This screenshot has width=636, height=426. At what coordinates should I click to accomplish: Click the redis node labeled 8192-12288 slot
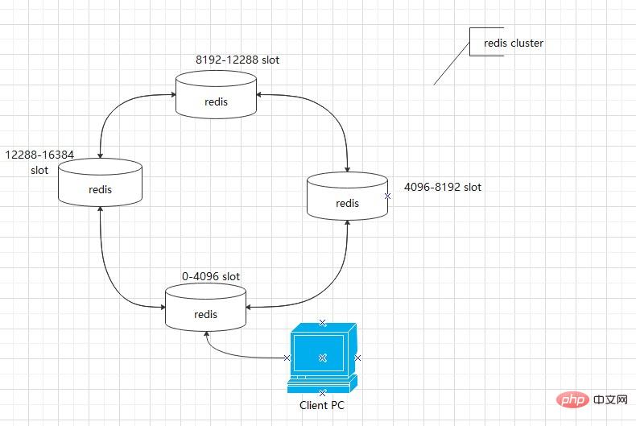[x=216, y=94]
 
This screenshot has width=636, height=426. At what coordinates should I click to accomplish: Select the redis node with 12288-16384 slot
[x=100, y=182]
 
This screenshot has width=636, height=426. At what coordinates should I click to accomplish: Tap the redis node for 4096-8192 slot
[x=347, y=196]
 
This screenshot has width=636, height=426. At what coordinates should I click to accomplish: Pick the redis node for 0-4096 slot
[x=205, y=307]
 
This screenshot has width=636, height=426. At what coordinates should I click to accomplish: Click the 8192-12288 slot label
[x=237, y=60]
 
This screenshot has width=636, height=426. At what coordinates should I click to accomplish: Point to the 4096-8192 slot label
[x=443, y=187]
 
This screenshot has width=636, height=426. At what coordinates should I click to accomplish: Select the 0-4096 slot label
[x=211, y=277]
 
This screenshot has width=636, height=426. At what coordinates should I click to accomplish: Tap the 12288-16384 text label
[x=39, y=155]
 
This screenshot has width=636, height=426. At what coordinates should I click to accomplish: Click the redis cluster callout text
[x=514, y=43]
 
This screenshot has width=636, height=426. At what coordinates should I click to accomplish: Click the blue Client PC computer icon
[x=323, y=358]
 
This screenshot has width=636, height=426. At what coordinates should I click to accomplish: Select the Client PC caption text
[x=322, y=405]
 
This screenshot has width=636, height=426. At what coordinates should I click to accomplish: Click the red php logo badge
[x=572, y=400]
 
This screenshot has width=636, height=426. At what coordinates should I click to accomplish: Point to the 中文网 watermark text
[x=610, y=400]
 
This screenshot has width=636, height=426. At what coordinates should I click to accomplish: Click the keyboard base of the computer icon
[x=323, y=385]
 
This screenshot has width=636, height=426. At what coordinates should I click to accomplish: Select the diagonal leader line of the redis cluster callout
[x=452, y=64]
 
